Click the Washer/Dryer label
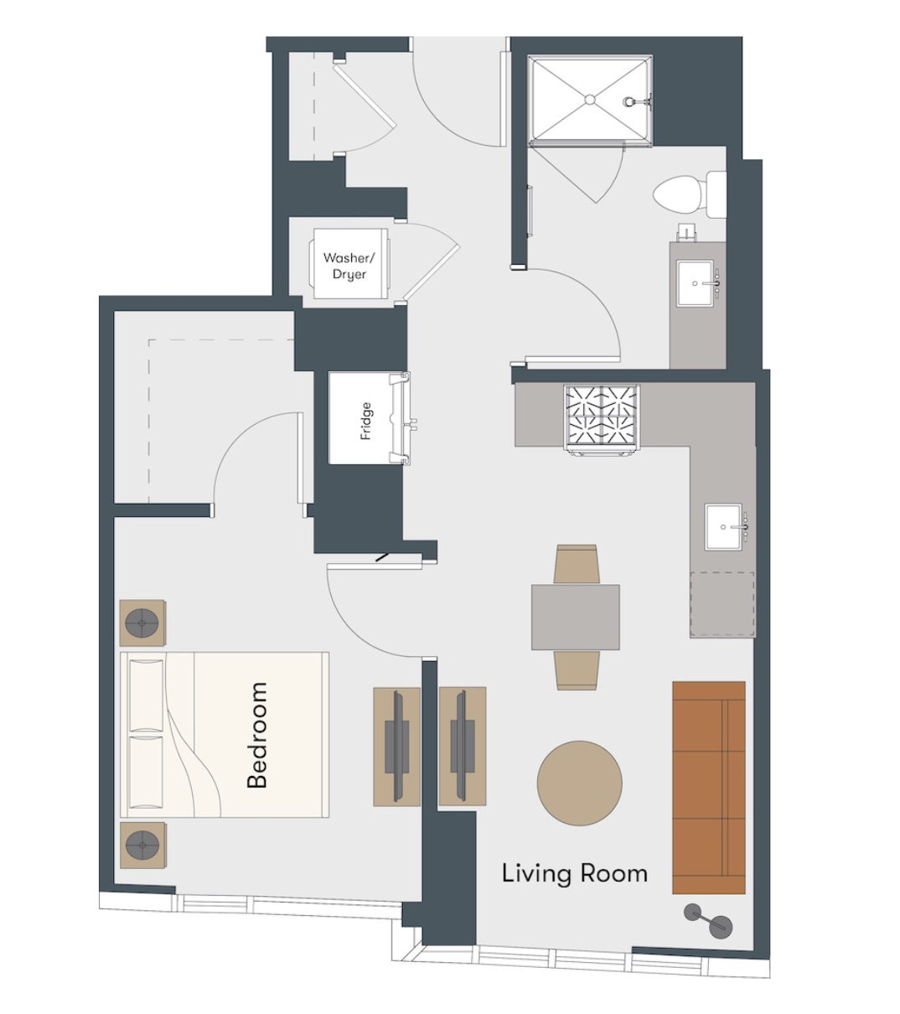(x=349, y=266)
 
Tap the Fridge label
(x=366, y=422)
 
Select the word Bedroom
(x=257, y=735)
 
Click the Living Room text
(x=574, y=874)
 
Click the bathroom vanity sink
(x=696, y=283)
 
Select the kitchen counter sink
(x=723, y=527)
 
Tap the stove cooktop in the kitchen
(x=602, y=419)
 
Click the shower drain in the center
(x=590, y=100)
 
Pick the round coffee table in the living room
(x=580, y=783)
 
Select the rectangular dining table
(x=576, y=617)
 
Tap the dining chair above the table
(x=577, y=563)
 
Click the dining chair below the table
(x=577, y=670)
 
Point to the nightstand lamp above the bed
(x=142, y=623)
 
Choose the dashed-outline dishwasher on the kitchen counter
(x=722, y=604)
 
